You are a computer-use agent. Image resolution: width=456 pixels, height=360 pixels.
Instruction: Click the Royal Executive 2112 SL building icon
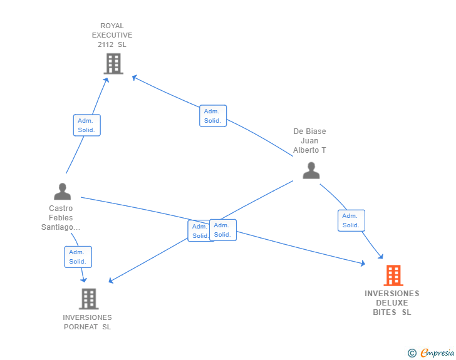click(x=113, y=63)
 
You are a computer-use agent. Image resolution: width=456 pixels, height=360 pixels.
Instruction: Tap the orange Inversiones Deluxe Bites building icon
click(x=393, y=275)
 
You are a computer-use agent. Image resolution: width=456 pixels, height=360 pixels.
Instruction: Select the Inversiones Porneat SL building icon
click(x=89, y=299)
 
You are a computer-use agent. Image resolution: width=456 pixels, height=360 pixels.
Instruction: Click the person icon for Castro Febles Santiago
click(x=62, y=191)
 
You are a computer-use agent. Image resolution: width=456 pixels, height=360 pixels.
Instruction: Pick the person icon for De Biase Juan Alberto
click(x=311, y=170)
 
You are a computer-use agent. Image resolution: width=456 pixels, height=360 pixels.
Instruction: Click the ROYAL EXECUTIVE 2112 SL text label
click(x=112, y=36)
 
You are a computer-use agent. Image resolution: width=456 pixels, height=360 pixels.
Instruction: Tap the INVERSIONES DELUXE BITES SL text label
click(x=392, y=302)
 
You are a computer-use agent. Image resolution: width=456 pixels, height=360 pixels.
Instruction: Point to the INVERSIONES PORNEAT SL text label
click(x=87, y=322)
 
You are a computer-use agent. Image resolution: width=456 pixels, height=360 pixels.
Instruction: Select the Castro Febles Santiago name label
click(x=61, y=218)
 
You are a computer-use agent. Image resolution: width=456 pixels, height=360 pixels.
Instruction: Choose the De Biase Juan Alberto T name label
click(x=309, y=141)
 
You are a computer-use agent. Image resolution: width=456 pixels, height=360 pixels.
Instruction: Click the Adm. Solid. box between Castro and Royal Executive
click(x=86, y=125)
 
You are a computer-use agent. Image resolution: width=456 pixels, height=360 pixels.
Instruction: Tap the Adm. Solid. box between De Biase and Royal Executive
click(x=213, y=116)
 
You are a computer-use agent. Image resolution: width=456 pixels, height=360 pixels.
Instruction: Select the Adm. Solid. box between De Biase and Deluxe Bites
click(x=351, y=220)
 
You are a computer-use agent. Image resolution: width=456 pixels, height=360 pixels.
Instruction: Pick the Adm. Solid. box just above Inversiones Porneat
click(x=78, y=257)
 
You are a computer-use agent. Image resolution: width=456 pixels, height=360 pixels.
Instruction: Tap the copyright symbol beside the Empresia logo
click(x=412, y=354)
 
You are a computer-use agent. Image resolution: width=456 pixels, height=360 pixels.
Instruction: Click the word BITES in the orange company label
click(x=385, y=312)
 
